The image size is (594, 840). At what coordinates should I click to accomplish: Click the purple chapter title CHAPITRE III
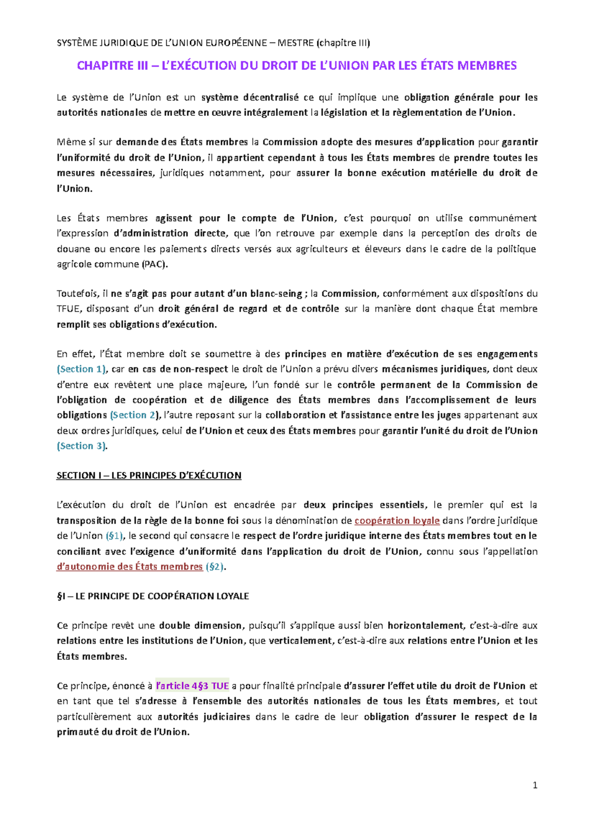[296, 66]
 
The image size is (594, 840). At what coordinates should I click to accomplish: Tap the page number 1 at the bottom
[535, 785]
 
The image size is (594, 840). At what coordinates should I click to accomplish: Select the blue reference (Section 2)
[135, 415]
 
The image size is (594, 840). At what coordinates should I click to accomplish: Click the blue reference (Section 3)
[82, 446]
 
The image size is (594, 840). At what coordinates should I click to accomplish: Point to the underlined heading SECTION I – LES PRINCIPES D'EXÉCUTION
[149, 475]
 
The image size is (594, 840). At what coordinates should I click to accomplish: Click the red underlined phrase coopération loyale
[397, 520]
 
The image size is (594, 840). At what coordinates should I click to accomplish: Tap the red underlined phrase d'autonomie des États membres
[130, 566]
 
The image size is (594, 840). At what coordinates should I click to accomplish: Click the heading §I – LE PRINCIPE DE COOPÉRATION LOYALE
[153, 596]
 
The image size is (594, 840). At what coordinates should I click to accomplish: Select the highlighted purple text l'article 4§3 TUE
[192, 686]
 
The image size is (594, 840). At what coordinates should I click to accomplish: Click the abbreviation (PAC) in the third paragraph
[154, 264]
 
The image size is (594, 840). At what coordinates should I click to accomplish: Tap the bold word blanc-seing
[277, 293]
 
